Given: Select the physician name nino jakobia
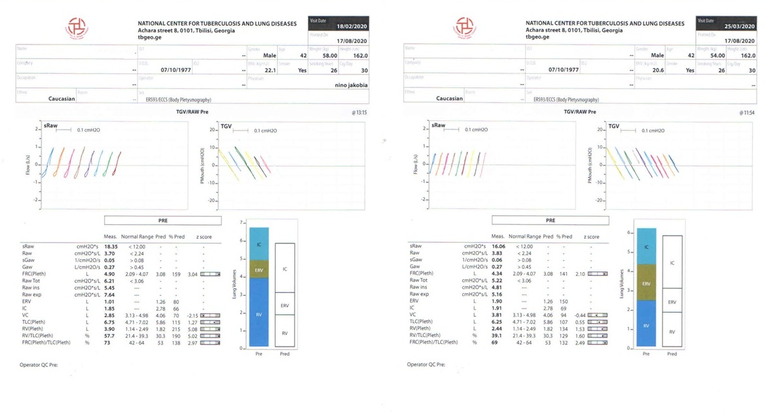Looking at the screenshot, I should click(x=344, y=84).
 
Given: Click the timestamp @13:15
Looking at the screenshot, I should click(x=359, y=112).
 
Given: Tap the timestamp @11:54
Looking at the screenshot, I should click(x=747, y=112).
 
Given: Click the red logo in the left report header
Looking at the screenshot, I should click(x=76, y=27).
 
